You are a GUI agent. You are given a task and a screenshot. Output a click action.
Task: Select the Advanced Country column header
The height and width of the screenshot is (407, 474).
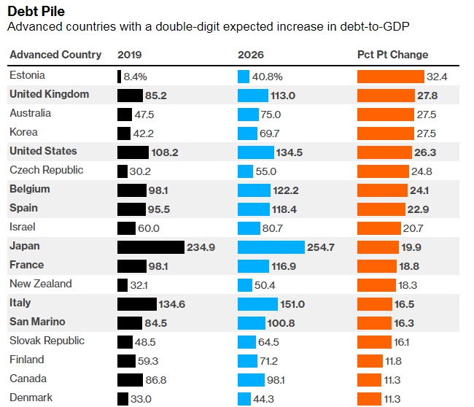point(55,55)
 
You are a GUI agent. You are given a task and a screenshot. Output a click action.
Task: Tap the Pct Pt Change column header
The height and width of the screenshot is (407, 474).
point(392,55)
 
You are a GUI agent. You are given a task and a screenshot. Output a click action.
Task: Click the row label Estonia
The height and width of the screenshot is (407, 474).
point(27,75)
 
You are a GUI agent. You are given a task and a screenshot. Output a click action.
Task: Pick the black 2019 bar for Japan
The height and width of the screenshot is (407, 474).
point(150,247)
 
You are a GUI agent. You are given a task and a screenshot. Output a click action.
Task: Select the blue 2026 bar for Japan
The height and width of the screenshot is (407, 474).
point(271,247)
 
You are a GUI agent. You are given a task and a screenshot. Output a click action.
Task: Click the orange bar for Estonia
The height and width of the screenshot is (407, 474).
point(390,76)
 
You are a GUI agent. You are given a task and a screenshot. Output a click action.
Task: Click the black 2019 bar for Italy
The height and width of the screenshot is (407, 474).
point(136,304)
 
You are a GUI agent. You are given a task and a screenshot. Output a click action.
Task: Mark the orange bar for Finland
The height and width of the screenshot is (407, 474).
point(370,360)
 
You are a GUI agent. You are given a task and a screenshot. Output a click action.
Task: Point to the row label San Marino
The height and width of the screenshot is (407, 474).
point(37,322)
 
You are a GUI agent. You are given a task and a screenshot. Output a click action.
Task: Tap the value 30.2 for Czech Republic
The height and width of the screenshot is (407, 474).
point(141,171)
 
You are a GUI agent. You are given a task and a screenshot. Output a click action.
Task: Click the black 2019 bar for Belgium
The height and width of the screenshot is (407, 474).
point(131,190)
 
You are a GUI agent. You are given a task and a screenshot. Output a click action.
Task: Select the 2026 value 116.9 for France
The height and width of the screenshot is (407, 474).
point(282,266)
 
